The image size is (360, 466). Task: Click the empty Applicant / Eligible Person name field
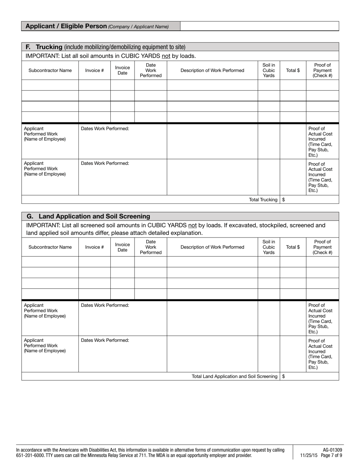pos(259,26)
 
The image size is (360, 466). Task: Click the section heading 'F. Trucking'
pos(44,47)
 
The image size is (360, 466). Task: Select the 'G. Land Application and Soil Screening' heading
pos(88,216)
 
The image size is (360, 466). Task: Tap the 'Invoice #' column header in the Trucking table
pos(94,70)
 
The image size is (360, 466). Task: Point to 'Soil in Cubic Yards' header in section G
pos(269,247)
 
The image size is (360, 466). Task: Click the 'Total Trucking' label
pos(263,200)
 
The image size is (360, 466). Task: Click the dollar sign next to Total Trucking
pos(284,200)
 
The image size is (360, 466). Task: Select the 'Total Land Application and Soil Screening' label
pos(235,376)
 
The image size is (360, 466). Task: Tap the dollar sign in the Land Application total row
pos(284,376)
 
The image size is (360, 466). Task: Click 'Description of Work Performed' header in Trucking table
pos(212,70)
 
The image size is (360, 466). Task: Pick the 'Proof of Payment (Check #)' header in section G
pos(322,247)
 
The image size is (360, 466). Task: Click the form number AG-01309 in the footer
pos(332,450)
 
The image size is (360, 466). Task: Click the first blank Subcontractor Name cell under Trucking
pos(50,85)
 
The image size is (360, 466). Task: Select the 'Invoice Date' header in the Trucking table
pos(122,70)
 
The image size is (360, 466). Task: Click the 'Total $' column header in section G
pos(293,247)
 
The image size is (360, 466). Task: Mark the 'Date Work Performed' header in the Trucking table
pos(150,70)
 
